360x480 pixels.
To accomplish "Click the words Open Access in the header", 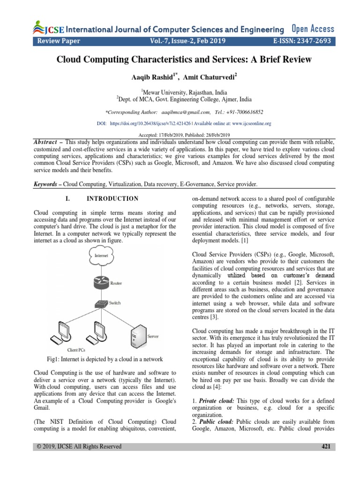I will click(313, 29).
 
